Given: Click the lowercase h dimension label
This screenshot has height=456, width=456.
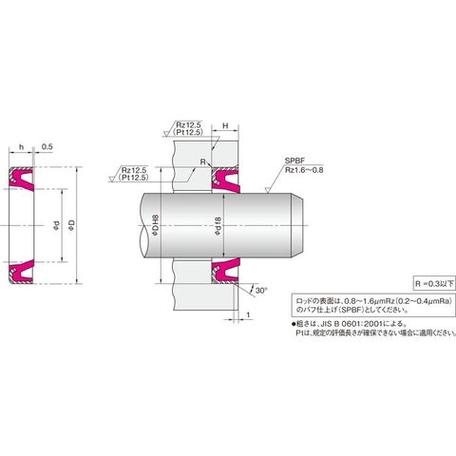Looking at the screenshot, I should coord(20,146).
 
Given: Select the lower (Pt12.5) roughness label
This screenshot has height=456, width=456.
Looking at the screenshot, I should coord(137,180).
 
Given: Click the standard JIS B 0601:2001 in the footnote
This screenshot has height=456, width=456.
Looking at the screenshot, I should coord(356,323).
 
